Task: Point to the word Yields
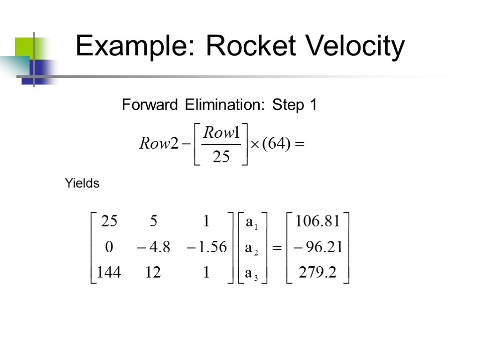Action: tap(82, 183)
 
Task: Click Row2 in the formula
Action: tap(159, 144)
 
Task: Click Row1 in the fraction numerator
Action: tap(222, 133)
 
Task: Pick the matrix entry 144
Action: tap(109, 272)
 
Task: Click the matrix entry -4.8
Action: tap(153, 247)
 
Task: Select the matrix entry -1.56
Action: tap(206, 247)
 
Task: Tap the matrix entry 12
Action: tap(153, 272)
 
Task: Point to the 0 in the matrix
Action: tap(109, 247)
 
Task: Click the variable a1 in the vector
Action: tap(252, 223)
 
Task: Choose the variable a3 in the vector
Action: tap(252, 273)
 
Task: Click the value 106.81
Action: tap(317, 222)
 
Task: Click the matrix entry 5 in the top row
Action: tap(153, 222)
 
